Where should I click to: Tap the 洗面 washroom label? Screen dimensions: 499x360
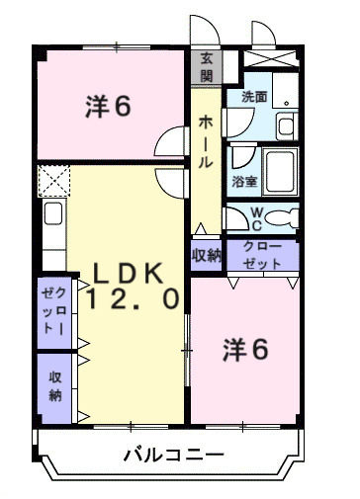(x=254, y=97)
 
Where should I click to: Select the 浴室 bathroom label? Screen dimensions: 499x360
(x=243, y=183)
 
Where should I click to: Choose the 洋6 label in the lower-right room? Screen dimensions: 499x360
(x=248, y=350)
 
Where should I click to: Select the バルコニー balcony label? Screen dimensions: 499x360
(x=174, y=456)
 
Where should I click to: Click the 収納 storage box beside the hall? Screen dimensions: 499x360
(x=207, y=256)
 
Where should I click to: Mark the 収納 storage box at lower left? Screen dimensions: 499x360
(x=53, y=384)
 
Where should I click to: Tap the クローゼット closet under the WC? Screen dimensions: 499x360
(x=262, y=256)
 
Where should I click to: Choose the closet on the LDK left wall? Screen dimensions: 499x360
(x=53, y=313)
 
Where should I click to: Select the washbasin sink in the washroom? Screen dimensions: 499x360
(x=286, y=125)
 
